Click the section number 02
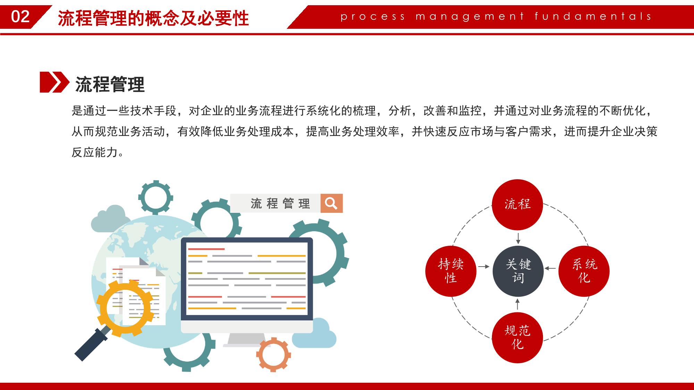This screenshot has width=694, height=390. [x=20, y=17]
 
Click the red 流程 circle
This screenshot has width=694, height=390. [x=518, y=205]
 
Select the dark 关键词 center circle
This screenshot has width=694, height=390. [x=518, y=271]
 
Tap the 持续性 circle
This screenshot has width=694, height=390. [x=451, y=271]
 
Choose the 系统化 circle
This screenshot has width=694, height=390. [x=584, y=271]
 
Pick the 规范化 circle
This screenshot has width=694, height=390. [x=517, y=338]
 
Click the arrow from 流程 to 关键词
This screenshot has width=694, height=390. [x=518, y=238]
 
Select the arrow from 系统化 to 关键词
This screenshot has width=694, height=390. [x=550, y=268]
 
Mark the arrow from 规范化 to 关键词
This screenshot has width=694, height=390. [x=518, y=304]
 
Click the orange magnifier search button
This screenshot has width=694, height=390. [x=332, y=203]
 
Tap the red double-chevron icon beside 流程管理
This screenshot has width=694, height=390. [x=55, y=82]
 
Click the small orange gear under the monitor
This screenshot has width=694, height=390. [x=274, y=354]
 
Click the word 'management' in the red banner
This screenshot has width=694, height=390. [x=470, y=17]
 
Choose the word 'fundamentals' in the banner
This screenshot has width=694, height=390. [x=593, y=16]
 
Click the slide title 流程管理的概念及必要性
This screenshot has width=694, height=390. [x=153, y=18]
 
